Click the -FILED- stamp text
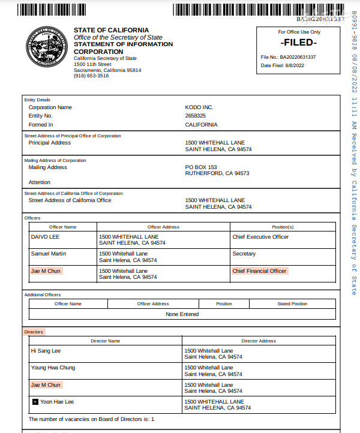tap(299, 43)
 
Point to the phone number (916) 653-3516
tap(91, 76)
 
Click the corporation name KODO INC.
tap(199, 107)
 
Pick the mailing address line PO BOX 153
tap(201, 167)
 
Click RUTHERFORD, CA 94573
tap(217, 173)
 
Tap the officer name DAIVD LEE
tap(45, 237)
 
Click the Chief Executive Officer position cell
tap(260, 237)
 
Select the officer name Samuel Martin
tap(48, 254)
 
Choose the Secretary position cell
tap(244, 254)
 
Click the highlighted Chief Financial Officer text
tap(260, 271)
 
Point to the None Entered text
tap(182, 314)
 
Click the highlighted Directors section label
tap(34, 332)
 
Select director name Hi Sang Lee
tap(46, 350)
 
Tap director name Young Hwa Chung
tap(53, 368)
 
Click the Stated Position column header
tap(292, 304)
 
